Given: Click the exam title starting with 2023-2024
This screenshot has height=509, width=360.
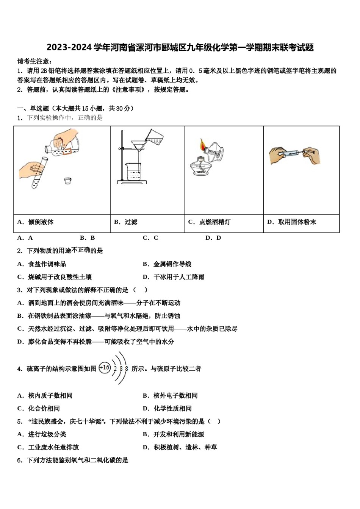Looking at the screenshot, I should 180,48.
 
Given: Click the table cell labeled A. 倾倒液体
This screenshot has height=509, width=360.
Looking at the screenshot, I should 36,222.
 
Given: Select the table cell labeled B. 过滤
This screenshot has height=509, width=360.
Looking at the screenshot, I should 126,222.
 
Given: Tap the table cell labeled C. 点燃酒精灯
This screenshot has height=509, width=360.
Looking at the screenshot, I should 209,222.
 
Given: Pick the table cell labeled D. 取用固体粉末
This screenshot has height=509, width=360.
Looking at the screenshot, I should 291,222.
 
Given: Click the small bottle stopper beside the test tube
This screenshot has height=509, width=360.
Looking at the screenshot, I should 68,181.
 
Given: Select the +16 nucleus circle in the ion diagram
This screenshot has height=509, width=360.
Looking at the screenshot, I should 105,367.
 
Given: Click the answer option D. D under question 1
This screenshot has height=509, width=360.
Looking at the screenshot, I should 213,238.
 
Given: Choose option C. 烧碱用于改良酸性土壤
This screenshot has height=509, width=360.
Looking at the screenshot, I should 55,277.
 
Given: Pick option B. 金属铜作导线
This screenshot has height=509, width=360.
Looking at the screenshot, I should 167,264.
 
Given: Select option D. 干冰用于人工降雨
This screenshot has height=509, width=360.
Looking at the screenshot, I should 174,277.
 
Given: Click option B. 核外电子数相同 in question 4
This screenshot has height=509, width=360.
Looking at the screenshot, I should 170,395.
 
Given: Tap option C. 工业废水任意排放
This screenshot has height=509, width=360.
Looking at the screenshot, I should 48,447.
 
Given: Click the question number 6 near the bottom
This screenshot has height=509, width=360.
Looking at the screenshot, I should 20,460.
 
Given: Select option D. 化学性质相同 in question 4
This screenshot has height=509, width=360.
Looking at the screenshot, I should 167,408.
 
